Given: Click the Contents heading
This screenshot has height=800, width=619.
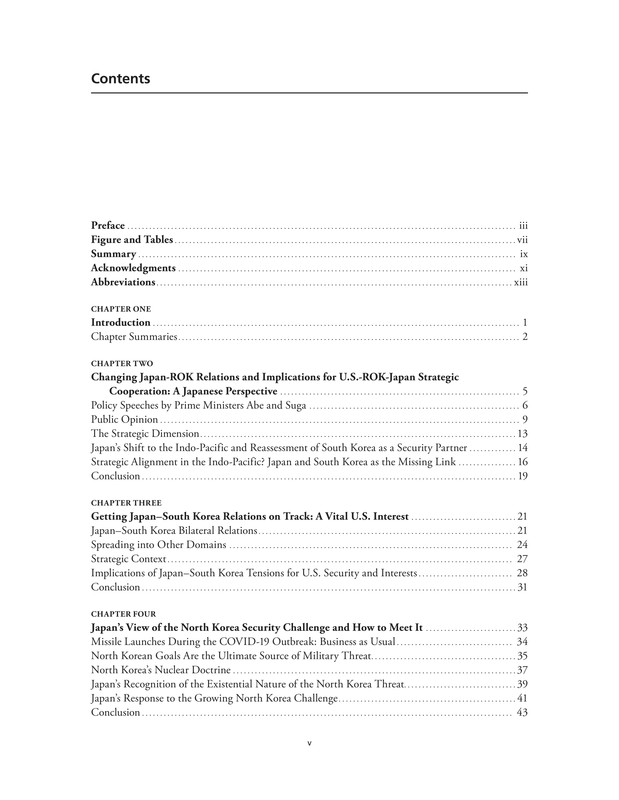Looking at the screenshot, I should [120, 79].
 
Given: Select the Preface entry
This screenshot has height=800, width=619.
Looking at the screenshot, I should [108, 225].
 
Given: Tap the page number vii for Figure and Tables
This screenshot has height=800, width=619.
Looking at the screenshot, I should [522, 240].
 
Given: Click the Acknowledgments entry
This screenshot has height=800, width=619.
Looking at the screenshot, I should [133, 268].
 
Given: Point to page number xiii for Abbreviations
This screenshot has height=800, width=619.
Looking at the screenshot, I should [521, 282].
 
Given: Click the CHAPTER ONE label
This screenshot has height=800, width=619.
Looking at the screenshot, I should [121, 309].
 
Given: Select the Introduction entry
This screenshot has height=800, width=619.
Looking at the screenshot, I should [121, 322].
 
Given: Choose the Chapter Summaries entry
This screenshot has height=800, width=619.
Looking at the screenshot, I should [134, 337].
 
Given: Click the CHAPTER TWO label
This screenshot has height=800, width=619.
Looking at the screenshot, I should [122, 363].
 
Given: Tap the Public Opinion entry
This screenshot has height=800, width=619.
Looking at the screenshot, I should [124, 420].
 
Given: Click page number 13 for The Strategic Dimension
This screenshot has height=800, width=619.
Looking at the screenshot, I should [522, 434].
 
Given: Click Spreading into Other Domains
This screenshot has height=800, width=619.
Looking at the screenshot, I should [158, 545].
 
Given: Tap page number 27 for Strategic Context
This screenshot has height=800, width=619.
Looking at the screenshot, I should [522, 559].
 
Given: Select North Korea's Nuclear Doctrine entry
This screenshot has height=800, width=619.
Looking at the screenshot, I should [160, 670].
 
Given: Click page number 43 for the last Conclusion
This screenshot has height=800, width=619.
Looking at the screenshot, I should [522, 712].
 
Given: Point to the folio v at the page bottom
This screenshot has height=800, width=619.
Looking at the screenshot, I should [309, 743].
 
